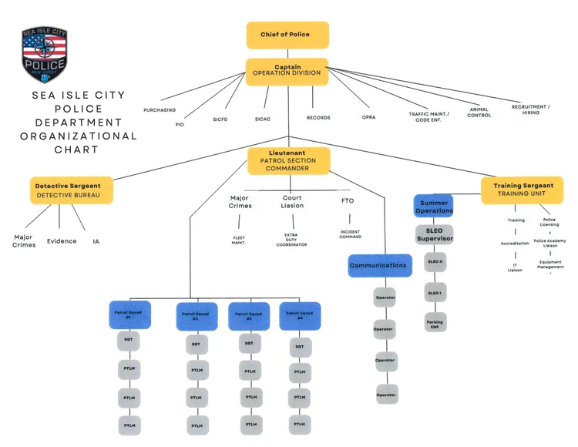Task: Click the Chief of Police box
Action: coord(287,35)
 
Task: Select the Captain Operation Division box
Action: coord(287,71)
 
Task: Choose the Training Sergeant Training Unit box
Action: coord(523,190)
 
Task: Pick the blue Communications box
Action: coord(378,265)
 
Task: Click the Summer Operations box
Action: coord(434,207)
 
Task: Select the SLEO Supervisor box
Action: coord(435,234)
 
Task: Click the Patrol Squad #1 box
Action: coord(129,314)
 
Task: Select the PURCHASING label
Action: coord(160,110)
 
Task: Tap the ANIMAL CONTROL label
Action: coord(479,113)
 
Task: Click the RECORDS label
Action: coord(318,118)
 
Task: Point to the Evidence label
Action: coord(62,241)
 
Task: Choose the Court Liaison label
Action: coord(292,202)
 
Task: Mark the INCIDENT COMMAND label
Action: coord(351,233)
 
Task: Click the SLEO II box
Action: coord(435,262)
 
